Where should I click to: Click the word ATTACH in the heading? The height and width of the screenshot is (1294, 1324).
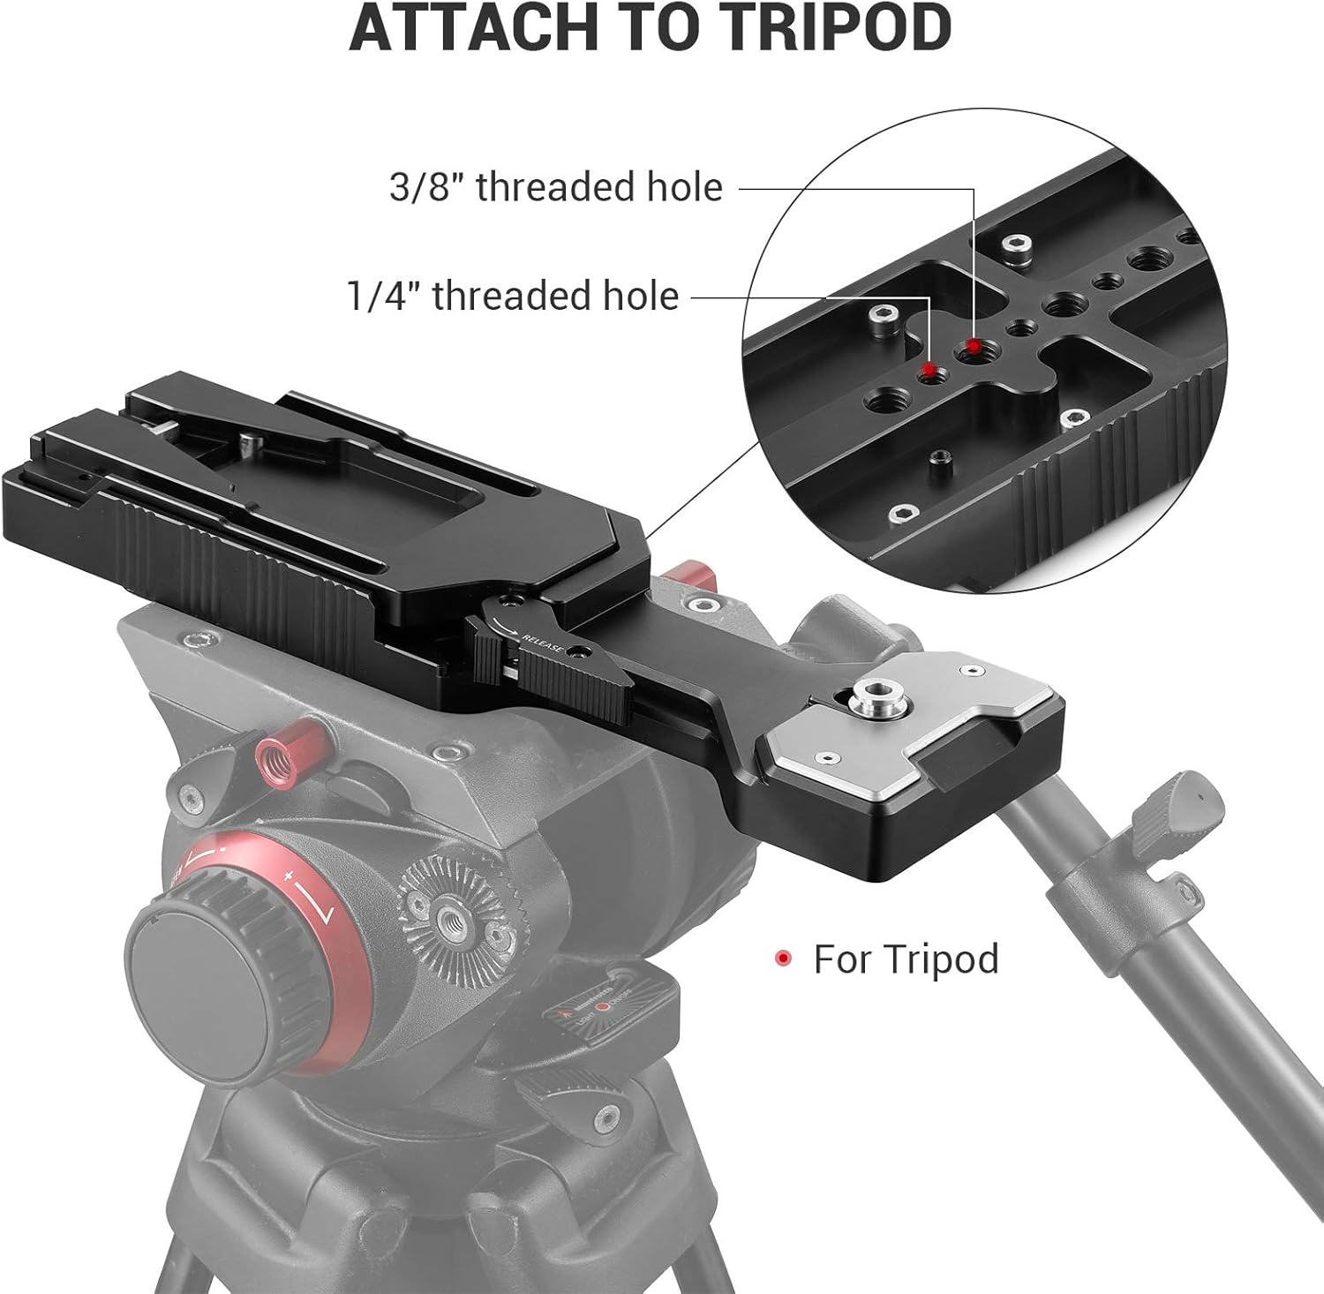(x=460, y=28)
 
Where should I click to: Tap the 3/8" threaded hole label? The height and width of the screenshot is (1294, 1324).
(x=556, y=187)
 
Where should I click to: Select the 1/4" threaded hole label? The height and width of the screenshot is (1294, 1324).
(x=513, y=296)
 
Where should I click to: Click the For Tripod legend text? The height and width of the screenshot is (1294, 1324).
(x=906, y=959)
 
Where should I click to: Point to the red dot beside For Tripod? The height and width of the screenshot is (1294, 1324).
(x=782, y=959)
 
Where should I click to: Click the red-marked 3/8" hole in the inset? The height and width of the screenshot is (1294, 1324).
(x=972, y=348)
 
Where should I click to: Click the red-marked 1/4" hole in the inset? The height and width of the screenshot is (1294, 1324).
(x=927, y=371)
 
